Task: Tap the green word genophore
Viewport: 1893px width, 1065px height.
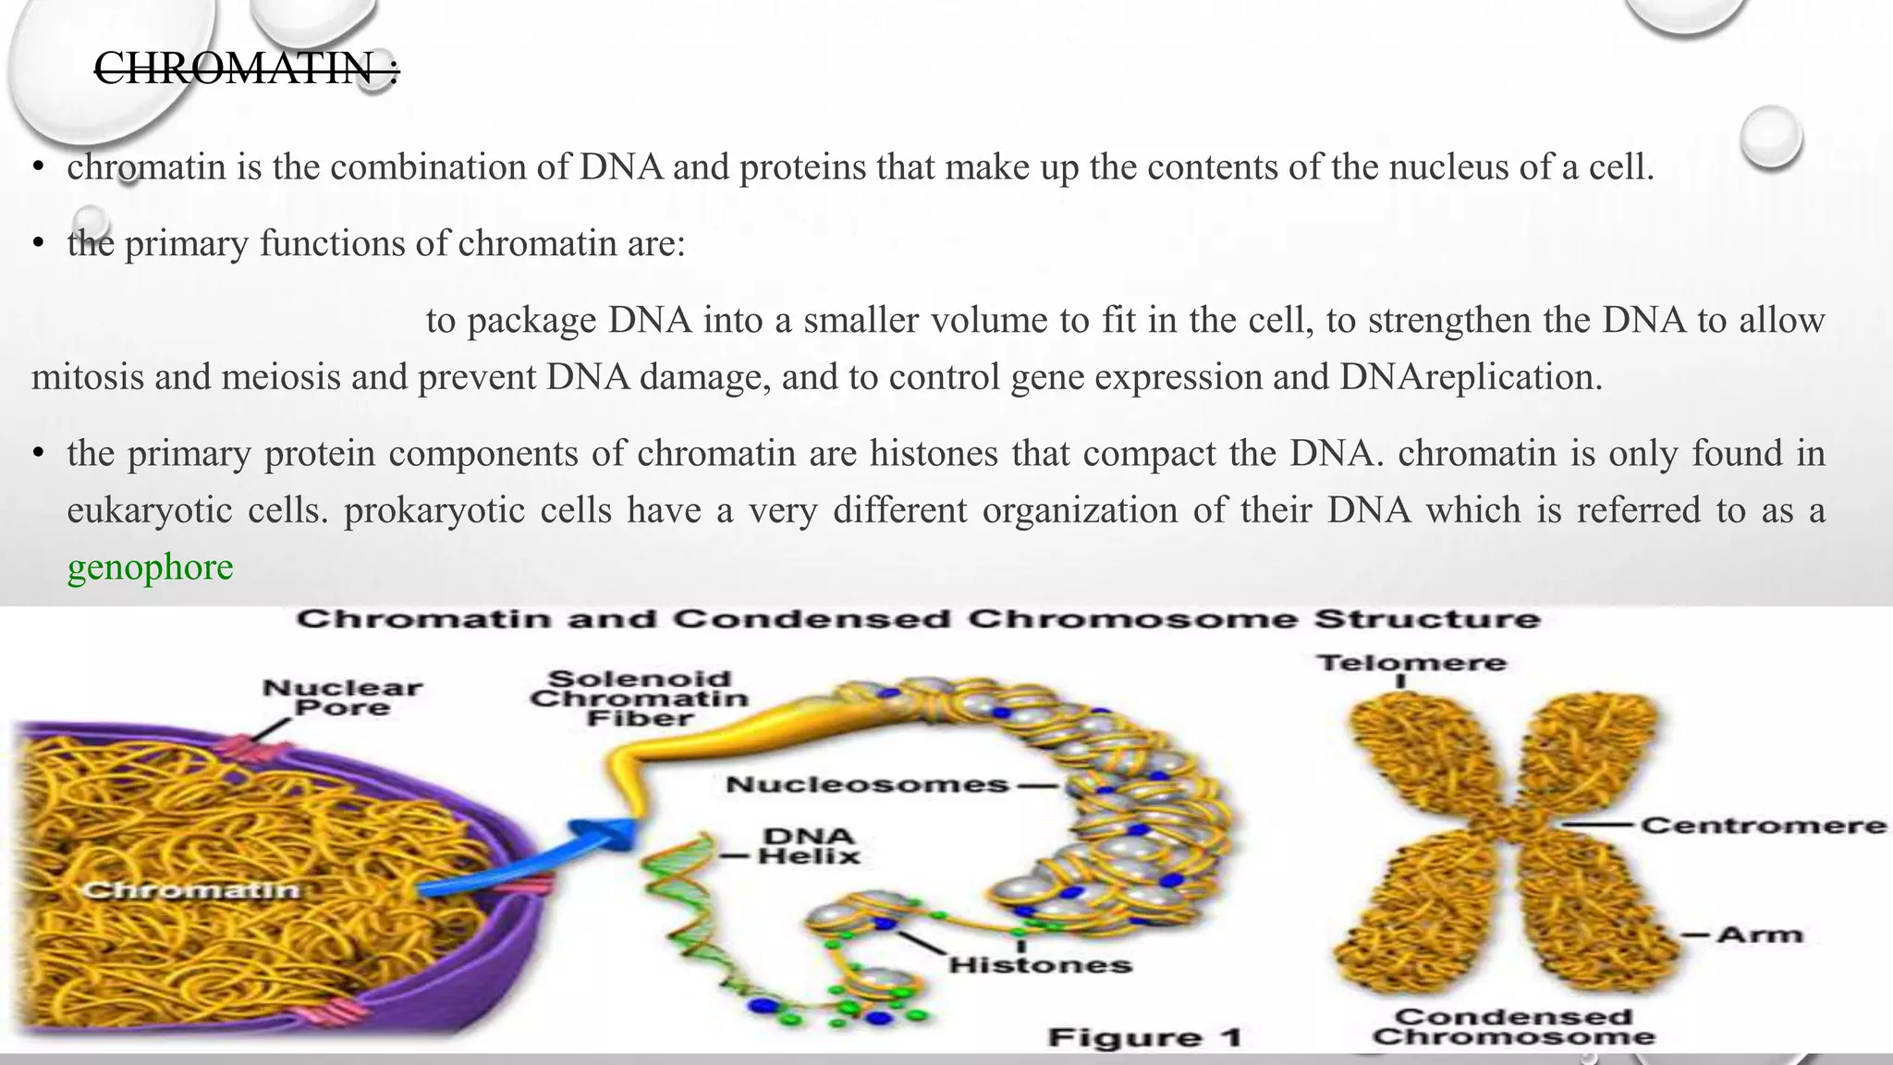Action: click(150, 567)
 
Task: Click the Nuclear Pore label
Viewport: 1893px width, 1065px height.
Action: click(342, 698)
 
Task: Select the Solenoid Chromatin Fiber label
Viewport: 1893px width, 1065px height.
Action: click(639, 698)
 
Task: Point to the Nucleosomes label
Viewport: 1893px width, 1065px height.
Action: click(867, 785)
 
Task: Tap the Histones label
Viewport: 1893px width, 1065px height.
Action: click(1040, 965)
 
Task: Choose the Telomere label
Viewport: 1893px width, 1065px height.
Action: click(1411, 663)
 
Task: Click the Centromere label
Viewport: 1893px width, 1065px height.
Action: click(1763, 825)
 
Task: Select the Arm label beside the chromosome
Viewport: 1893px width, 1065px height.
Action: click(1760, 935)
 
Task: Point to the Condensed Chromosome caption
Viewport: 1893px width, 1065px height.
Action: click(1513, 1026)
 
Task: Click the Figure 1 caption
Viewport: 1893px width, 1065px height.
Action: click(1144, 1037)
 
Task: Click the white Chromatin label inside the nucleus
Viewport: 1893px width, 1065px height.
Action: click(191, 890)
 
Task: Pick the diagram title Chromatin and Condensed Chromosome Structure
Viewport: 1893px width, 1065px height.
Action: click(918, 618)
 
